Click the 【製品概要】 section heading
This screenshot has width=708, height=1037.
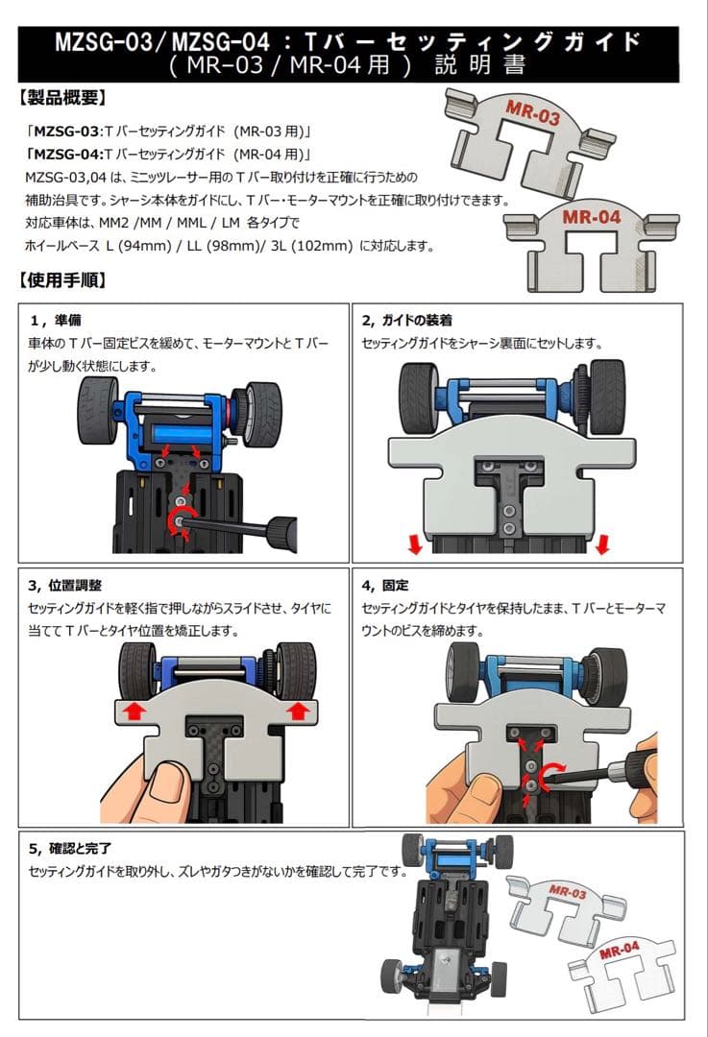tap(63, 98)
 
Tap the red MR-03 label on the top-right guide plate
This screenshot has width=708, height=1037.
tap(531, 113)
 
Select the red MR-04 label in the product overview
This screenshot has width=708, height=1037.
tap(592, 217)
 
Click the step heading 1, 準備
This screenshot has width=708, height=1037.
tap(55, 320)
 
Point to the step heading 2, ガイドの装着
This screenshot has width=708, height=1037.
tap(406, 320)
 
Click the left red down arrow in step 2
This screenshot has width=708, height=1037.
tap(414, 545)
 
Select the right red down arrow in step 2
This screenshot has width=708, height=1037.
tap(602, 545)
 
